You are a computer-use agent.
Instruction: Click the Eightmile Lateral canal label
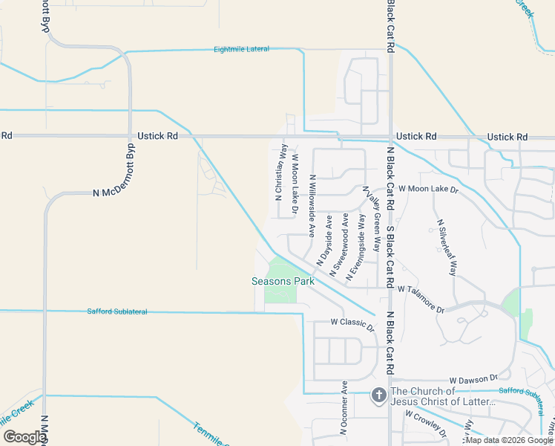[x=241, y=49]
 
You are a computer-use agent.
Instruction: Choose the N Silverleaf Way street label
[x=447, y=248]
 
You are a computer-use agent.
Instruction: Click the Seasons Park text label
[x=283, y=281]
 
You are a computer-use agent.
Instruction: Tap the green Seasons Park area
[x=280, y=294]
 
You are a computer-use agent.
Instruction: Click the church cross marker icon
[x=378, y=396]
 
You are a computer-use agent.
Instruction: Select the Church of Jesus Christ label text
[x=442, y=397]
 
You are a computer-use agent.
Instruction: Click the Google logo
[x=24, y=436]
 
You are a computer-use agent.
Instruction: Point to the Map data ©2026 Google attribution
[x=509, y=440]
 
